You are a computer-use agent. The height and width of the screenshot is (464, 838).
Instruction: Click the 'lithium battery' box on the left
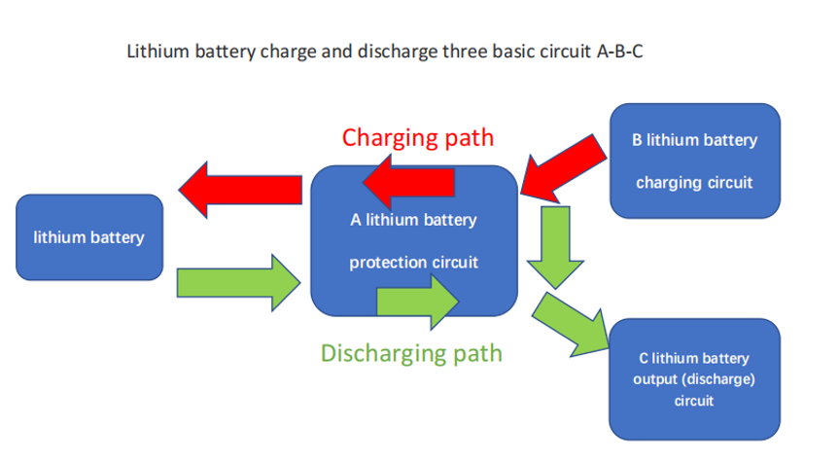(88, 237)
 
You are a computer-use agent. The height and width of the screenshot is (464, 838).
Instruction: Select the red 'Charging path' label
(417, 137)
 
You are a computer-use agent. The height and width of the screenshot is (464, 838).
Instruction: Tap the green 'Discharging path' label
(411, 352)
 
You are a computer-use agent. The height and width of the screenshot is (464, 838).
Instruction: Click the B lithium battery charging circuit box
(694, 161)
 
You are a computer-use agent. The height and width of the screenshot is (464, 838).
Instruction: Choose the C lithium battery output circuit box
(694, 378)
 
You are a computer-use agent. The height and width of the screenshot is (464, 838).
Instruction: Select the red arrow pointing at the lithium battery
(238, 189)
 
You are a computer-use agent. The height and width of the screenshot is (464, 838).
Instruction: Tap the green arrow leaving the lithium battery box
(238, 283)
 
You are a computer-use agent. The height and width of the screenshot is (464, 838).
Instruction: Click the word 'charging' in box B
(669, 183)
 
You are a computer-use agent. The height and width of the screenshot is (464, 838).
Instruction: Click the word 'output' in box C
(655, 378)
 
